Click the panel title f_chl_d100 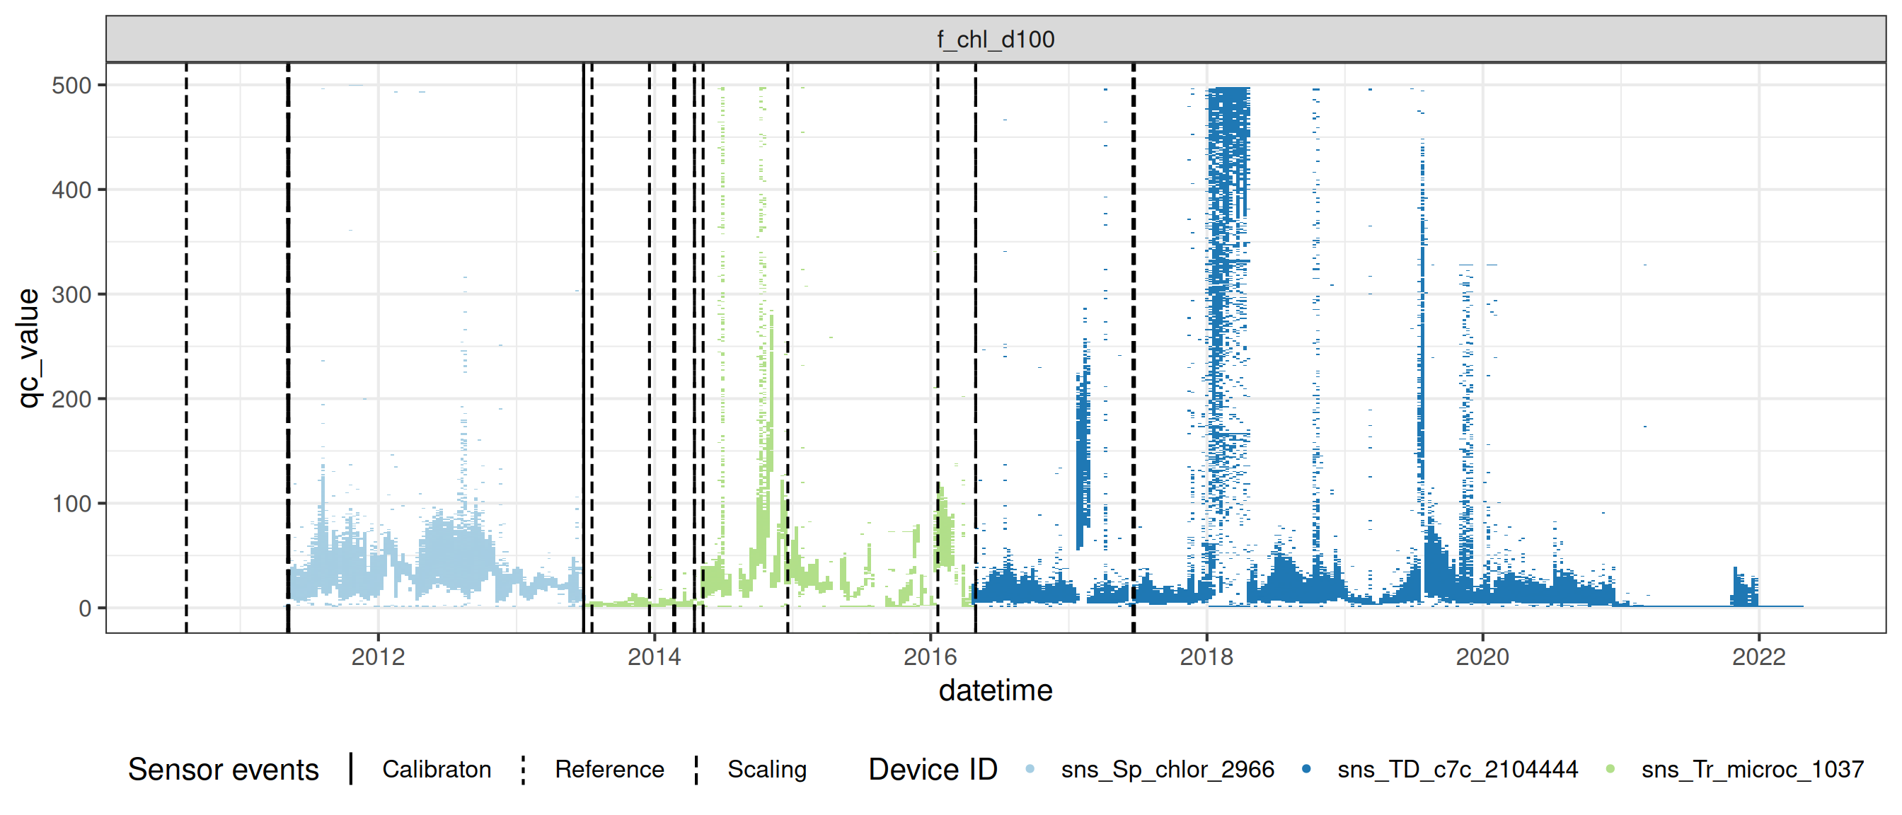pos(996,39)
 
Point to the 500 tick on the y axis pos(71,86)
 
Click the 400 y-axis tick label pos(71,190)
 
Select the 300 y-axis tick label pos(71,294)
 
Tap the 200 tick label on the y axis pos(71,400)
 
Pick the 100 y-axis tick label pos(71,504)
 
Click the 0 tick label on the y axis pos(85,608)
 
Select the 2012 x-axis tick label pos(378,657)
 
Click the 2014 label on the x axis pos(655,657)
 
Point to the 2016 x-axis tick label pos(930,657)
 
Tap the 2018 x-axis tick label pos(1206,657)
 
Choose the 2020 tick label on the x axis pos(1482,657)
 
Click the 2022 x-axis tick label pos(1759,657)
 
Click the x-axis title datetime pos(996,691)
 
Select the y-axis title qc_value pos(28,347)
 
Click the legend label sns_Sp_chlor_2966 pos(1168,769)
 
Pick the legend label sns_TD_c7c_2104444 pos(1458,769)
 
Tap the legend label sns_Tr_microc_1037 pos(1752,769)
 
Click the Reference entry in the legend pos(609,769)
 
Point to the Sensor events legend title pos(223,769)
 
